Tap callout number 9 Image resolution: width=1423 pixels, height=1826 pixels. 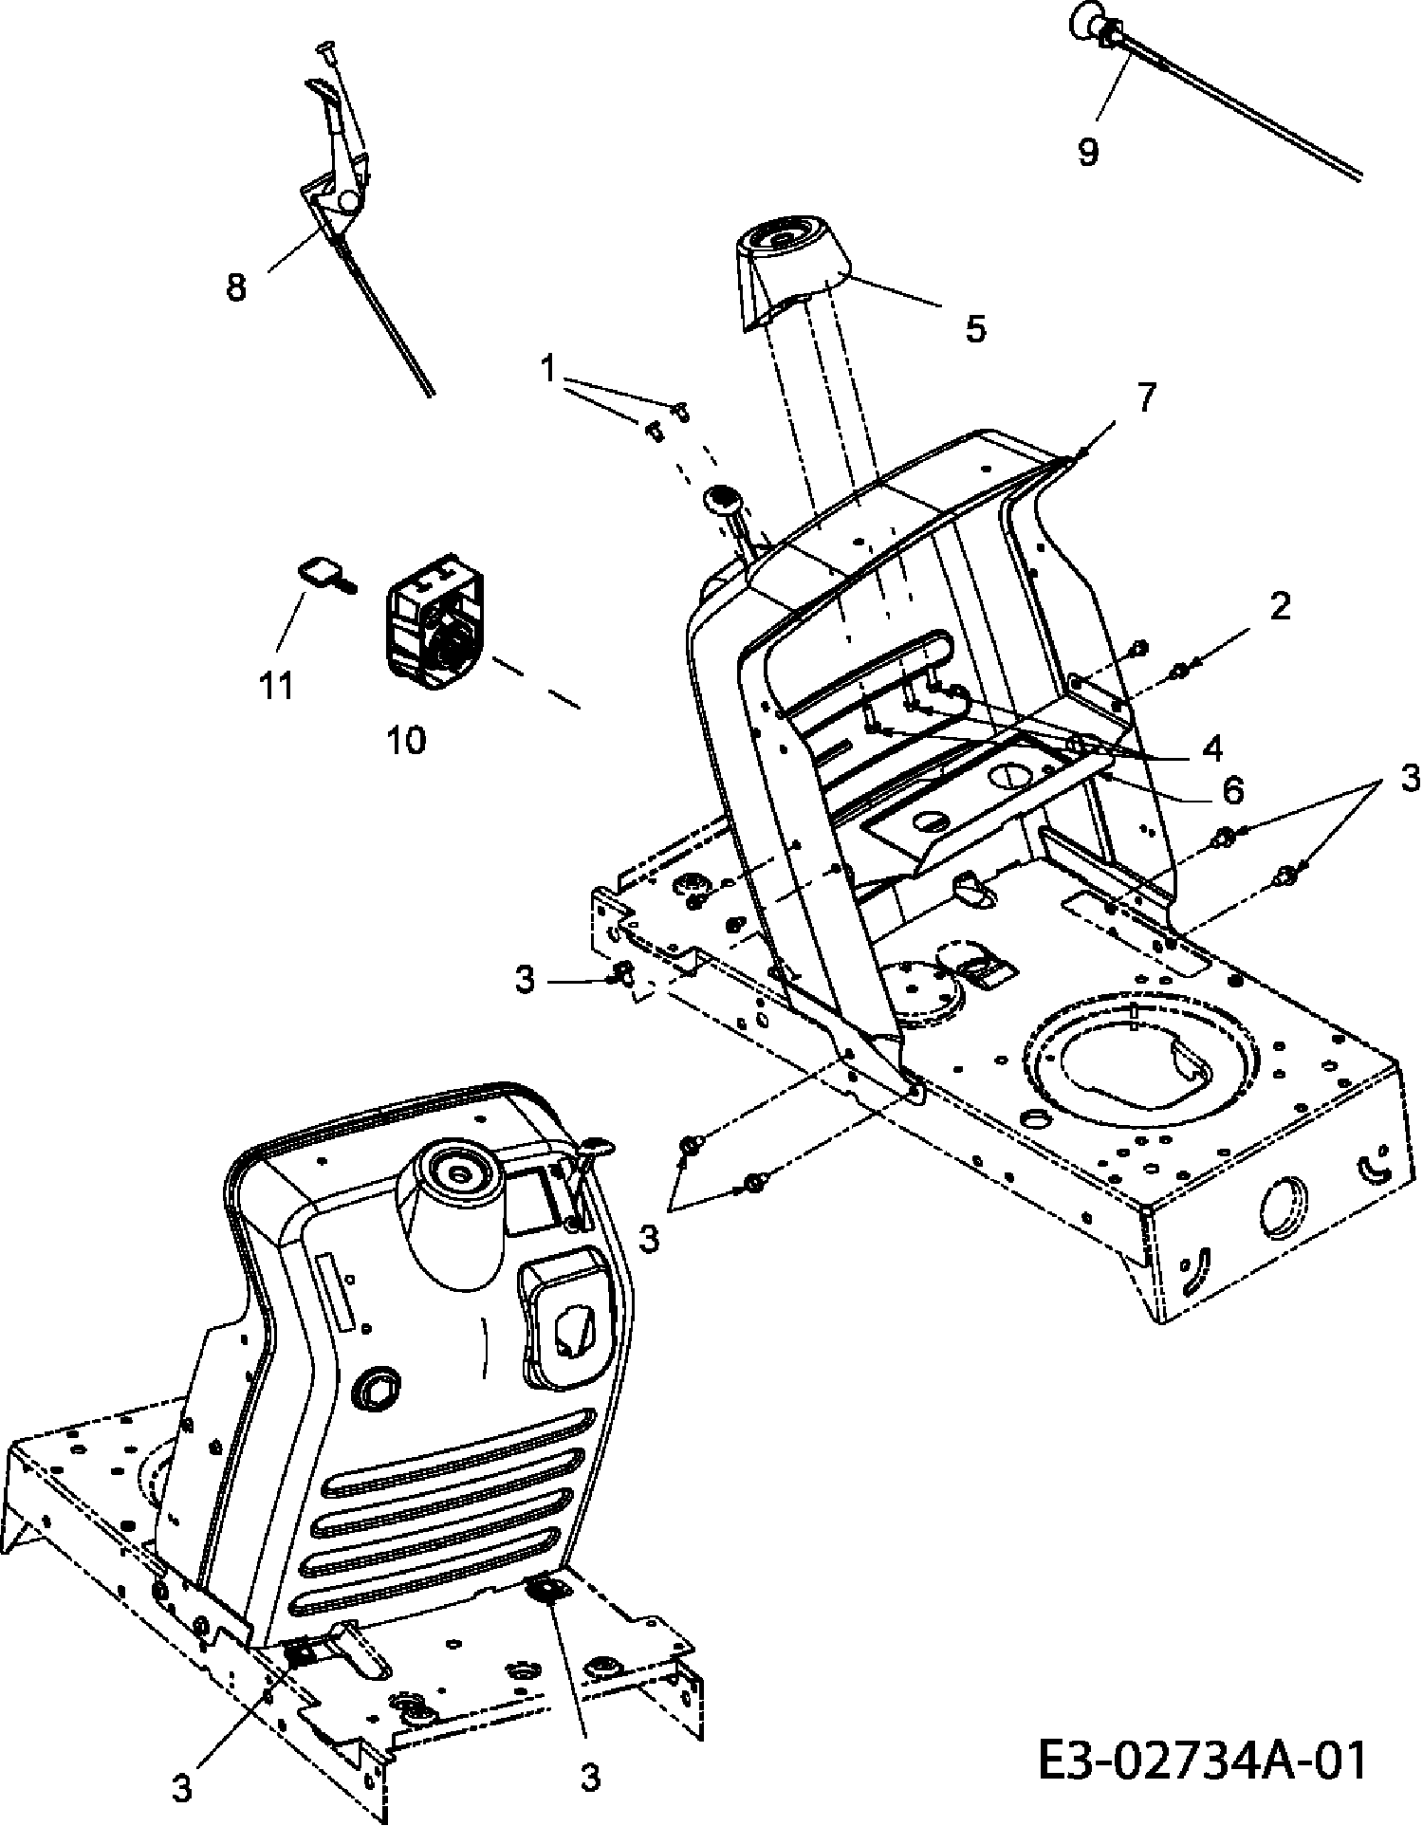1088,151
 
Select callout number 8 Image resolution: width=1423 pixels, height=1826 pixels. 236,286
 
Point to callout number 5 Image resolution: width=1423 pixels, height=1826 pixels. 975,329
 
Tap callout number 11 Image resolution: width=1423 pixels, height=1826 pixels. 277,684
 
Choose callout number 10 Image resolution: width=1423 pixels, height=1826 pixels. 406,740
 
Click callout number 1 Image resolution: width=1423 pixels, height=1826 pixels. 547,368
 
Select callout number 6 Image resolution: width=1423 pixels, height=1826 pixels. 1231,788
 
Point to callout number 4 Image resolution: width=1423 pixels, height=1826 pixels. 1211,748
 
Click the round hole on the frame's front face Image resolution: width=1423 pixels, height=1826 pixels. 1283,1209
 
